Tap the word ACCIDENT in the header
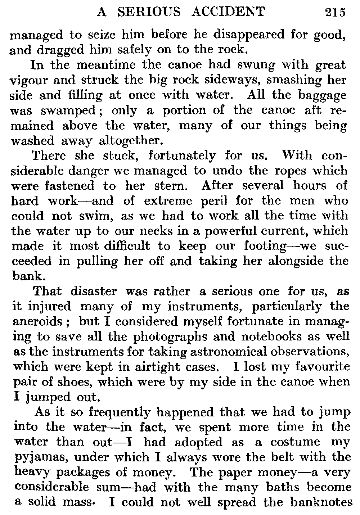click(228, 12)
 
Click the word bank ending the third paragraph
click(23, 276)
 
